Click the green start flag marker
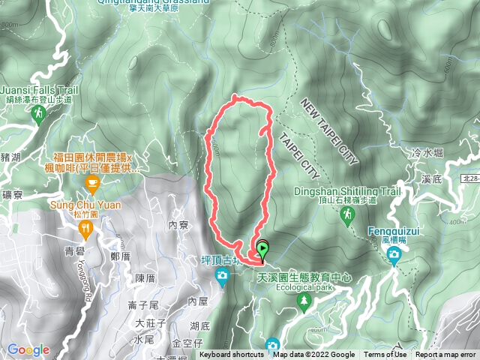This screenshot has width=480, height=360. [263, 247]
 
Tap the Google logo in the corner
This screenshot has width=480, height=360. [28, 349]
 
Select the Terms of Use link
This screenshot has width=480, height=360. [385, 355]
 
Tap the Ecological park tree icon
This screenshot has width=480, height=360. [304, 301]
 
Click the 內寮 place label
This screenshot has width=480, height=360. [178, 225]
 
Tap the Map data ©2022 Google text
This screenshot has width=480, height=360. [313, 355]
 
